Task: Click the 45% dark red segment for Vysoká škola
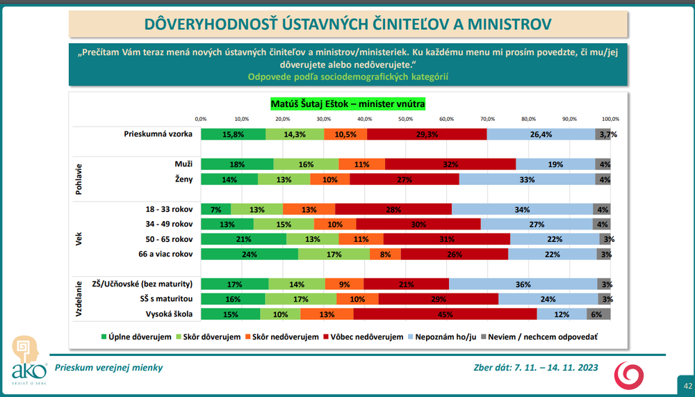point(445,314)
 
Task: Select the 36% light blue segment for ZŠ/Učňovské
point(523,284)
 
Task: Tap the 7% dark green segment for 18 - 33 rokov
point(215,209)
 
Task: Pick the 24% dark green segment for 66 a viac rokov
point(250,254)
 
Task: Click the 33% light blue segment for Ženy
point(527,179)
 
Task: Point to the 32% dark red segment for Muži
point(450,164)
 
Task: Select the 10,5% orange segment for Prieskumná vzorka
point(345,134)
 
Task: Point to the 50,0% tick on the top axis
point(405,118)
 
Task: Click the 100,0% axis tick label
point(610,118)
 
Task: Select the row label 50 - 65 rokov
point(166,239)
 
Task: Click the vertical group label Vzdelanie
point(79,299)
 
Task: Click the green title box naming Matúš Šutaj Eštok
point(347,104)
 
